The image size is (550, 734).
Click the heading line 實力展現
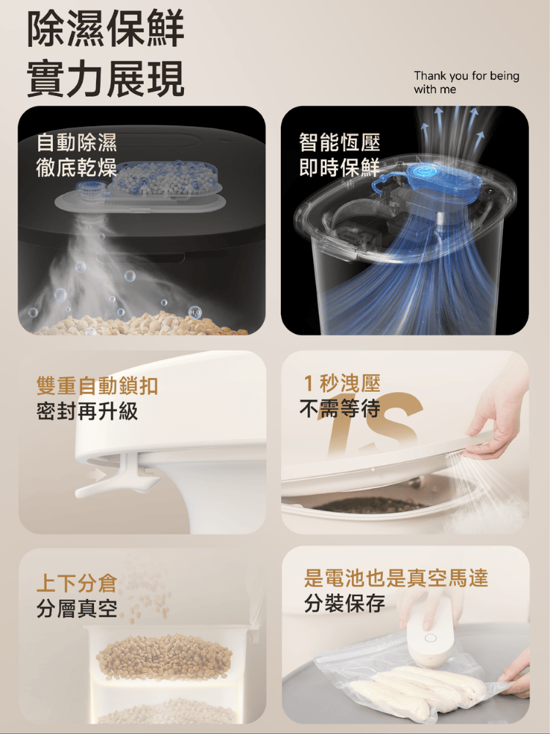tap(106, 79)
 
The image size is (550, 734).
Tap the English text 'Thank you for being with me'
tap(466, 82)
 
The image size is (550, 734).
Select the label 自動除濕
tap(77, 142)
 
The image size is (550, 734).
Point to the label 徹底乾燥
tap(77, 167)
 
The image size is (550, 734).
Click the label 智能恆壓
tap(340, 142)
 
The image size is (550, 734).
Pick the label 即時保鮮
tap(340, 167)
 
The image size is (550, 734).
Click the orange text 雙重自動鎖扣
tap(98, 386)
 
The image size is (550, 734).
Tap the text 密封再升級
tap(87, 411)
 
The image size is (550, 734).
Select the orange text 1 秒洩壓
tap(342, 383)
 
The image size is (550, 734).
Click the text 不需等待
tap(340, 409)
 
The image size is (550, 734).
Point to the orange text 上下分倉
tap(77, 584)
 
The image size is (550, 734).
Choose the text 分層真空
tap(77, 608)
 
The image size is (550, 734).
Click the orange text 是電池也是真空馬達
tap(396, 578)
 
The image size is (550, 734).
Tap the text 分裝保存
tap(345, 603)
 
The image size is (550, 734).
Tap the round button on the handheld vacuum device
tap(430, 638)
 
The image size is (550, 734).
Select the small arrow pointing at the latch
tap(98, 475)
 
